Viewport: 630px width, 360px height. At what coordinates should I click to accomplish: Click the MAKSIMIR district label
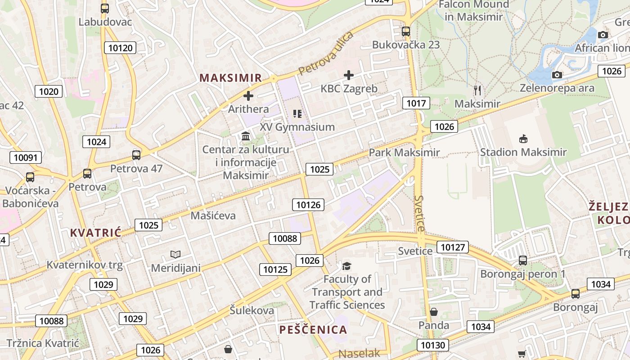point(230,78)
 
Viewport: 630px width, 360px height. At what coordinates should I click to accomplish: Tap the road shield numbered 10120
point(121,48)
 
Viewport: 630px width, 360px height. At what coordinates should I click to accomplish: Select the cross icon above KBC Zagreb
point(349,75)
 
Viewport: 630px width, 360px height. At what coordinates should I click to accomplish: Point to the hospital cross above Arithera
point(248,96)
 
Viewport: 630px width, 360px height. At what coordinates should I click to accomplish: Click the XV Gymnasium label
point(297,127)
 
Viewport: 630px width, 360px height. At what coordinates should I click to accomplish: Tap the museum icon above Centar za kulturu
point(246,136)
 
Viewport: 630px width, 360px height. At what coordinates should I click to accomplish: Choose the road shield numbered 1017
point(416,103)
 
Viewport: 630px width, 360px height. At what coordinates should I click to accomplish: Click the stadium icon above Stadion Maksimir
point(523,139)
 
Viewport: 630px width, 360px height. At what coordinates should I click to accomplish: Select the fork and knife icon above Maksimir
point(477,90)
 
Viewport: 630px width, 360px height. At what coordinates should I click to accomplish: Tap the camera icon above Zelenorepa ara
point(557,75)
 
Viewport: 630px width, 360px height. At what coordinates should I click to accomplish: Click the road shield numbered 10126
point(308,205)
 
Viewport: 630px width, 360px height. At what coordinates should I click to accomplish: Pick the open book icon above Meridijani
point(175,255)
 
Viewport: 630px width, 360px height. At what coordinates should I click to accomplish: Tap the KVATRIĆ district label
point(96,233)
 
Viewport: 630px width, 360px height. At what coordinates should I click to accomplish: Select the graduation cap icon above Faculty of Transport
point(346,266)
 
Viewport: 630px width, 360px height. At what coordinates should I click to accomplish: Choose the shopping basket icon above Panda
point(434,312)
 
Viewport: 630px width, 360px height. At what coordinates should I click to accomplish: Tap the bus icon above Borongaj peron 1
point(522,260)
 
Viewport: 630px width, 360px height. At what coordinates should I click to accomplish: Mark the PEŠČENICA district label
point(313,330)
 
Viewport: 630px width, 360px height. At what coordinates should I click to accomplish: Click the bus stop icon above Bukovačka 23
point(406,31)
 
